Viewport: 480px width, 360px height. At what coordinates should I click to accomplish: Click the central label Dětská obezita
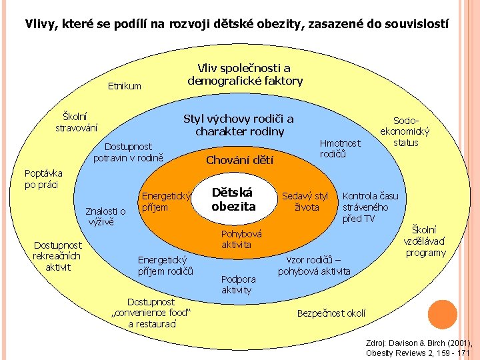(233, 199)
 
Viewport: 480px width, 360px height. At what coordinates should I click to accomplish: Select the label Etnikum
(125, 86)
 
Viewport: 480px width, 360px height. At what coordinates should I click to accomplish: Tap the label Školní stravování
(76, 121)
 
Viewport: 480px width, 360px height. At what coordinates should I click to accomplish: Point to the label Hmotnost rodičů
(340, 148)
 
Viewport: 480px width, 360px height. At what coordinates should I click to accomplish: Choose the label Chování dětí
(239, 160)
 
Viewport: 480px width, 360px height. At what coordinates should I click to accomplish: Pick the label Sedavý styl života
(305, 201)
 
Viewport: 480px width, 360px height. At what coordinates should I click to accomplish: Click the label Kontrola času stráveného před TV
(370, 207)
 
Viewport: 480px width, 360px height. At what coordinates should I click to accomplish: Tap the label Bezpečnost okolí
(331, 313)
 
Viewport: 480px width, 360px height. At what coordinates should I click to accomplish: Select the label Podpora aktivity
(237, 284)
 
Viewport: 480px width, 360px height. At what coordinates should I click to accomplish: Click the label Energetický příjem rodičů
(165, 265)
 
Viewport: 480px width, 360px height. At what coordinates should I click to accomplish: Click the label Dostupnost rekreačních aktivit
(57, 256)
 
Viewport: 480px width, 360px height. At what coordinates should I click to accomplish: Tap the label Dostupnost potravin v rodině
(129, 152)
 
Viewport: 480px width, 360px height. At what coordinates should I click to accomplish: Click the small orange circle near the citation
(441, 315)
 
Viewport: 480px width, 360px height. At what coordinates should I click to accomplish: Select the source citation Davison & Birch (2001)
(419, 347)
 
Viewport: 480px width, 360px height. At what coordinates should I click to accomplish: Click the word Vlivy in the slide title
(40, 24)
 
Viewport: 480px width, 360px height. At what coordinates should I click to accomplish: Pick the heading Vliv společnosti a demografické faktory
(245, 75)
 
